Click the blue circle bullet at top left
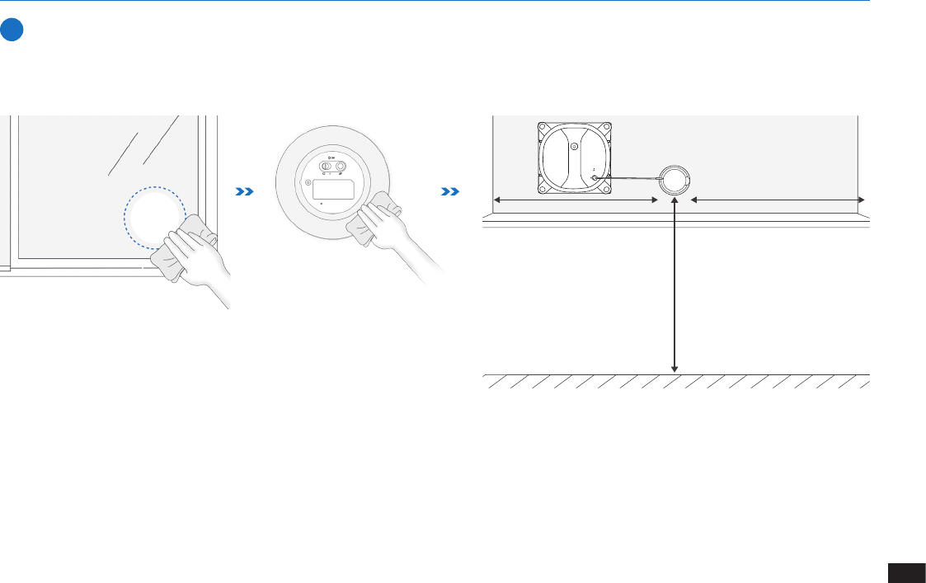tap(11, 31)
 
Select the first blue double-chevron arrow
tap(245, 191)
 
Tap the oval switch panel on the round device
tap(333, 167)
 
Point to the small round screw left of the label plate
tap(308, 183)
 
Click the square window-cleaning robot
tap(575, 159)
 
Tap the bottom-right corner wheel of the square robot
tap(606, 190)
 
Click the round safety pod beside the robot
tap(673, 178)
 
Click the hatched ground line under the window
tap(676, 381)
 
